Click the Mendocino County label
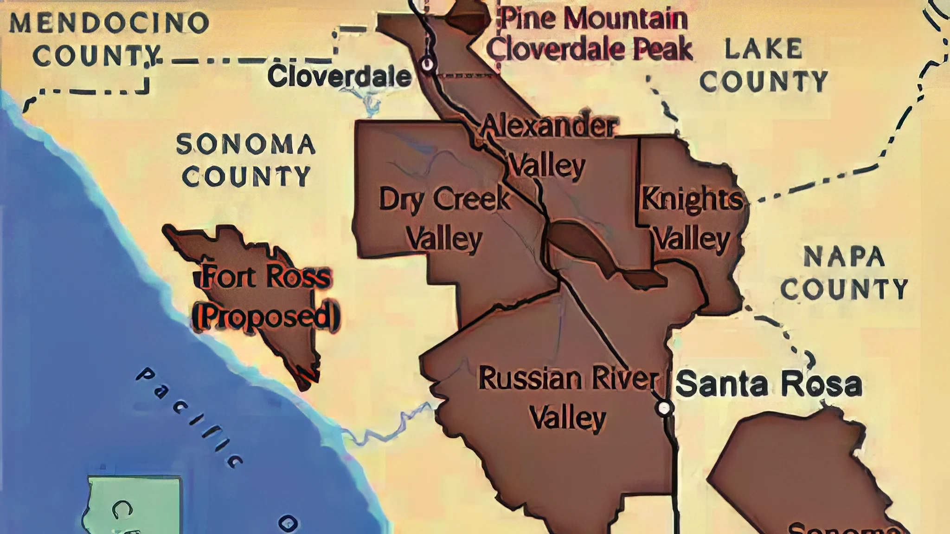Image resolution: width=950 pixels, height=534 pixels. click(x=109, y=39)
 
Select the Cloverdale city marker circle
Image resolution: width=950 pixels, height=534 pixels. click(x=427, y=64)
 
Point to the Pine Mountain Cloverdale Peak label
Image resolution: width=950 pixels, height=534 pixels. click(x=589, y=33)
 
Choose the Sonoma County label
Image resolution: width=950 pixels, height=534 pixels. click(x=246, y=160)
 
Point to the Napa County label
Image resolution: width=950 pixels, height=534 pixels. click(x=844, y=273)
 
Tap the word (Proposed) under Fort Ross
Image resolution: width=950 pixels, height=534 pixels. click(x=266, y=316)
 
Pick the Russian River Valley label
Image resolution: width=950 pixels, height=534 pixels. click(x=568, y=397)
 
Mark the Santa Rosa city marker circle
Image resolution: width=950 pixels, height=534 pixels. click(x=664, y=408)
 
